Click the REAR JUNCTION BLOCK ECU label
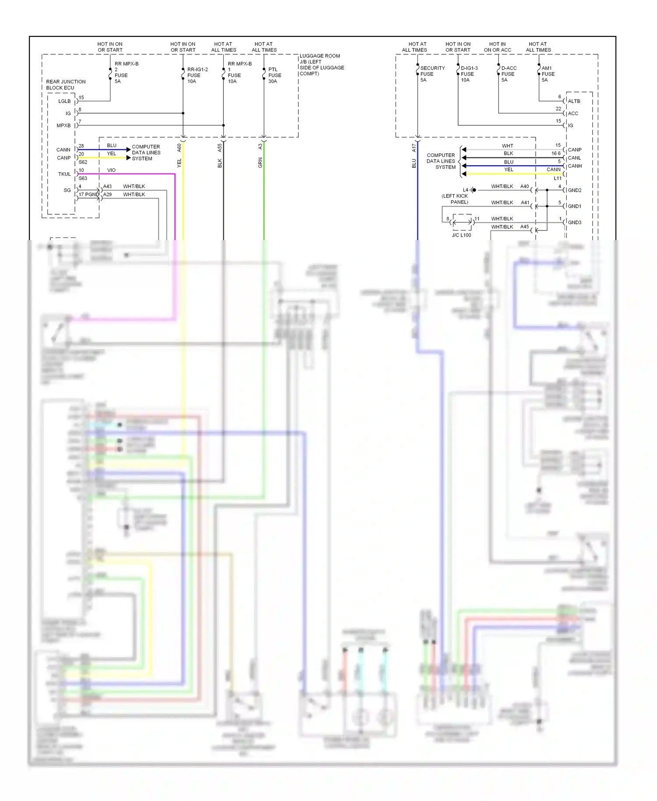(x=66, y=85)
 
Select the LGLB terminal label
(x=64, y=101)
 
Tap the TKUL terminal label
(x=64, y=174)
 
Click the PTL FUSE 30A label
(x=275, y=75)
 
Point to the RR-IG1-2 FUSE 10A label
(x=197, y=75)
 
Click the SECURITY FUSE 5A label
(x=432, y=74)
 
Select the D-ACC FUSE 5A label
(x=509, y=74)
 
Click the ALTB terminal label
(x=574, y=101)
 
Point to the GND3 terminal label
(x=574, y=222)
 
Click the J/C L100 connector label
(x=461, y=235)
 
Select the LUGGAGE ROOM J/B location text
(x=321, y=65)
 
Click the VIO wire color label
(x=111, y=170)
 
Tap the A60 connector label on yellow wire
(x=179, y=148)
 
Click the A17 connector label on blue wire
(x=413, y=148)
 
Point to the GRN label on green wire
(x=260, y=163)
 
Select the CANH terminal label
(x=575, y=166)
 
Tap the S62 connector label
(x=83, y=162)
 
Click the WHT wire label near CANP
(x=507, y=146)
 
